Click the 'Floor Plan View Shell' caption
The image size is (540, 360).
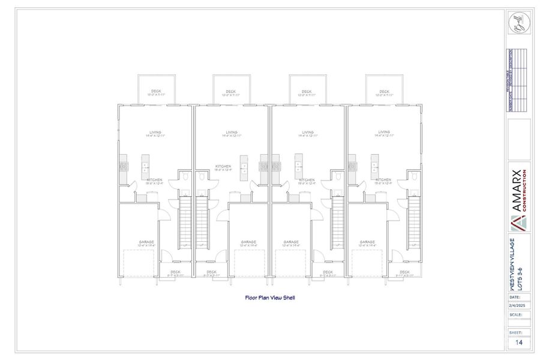click(269, 297)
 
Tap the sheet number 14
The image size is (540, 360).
click(518, 343)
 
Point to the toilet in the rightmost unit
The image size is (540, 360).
click(413, 177)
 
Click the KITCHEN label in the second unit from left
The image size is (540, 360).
click(223, 167)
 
